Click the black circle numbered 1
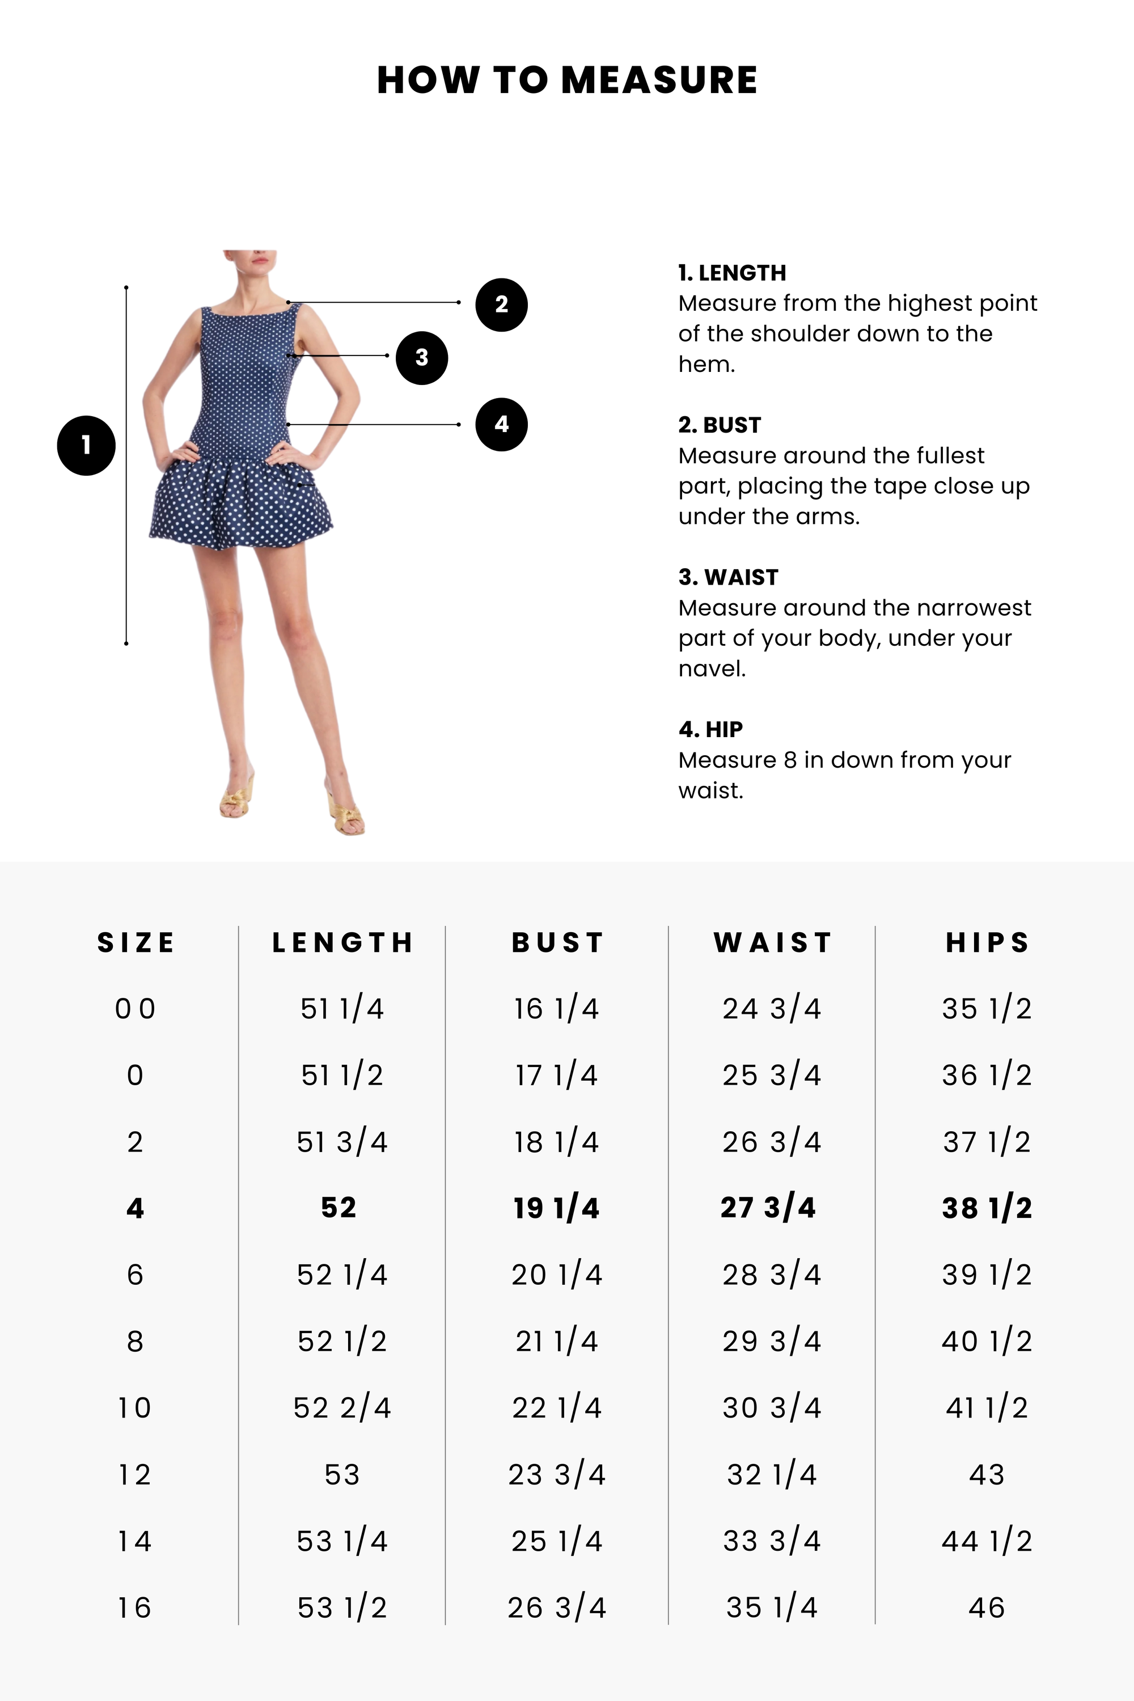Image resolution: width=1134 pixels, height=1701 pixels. pos(86,446)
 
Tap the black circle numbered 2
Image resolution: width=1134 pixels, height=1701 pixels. pos(501,304)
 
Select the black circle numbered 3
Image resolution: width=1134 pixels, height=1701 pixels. pos(422,357)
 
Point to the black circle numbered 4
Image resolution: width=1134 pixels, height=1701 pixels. pos(501,425)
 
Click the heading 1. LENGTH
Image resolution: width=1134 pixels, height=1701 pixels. pos(732,273)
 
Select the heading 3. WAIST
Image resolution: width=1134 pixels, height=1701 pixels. pos(728,577)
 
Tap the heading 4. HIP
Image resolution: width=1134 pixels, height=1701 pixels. pos(710,729)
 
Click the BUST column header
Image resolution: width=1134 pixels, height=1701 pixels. pos(557,942)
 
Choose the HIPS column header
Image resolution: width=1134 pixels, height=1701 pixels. pos(987,942)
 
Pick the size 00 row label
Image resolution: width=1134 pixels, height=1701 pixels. pos(136,1009)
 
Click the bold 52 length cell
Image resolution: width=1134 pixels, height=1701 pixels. pos(338,1208)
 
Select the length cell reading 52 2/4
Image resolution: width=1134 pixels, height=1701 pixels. pos(342,1408)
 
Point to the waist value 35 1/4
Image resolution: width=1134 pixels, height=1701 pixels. pos(772,1607)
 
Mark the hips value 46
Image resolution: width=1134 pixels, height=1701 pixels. pos(987,1607)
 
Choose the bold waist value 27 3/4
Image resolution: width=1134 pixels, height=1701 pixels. pos(768,1208)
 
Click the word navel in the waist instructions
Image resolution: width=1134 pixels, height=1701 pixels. pos(711,668)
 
